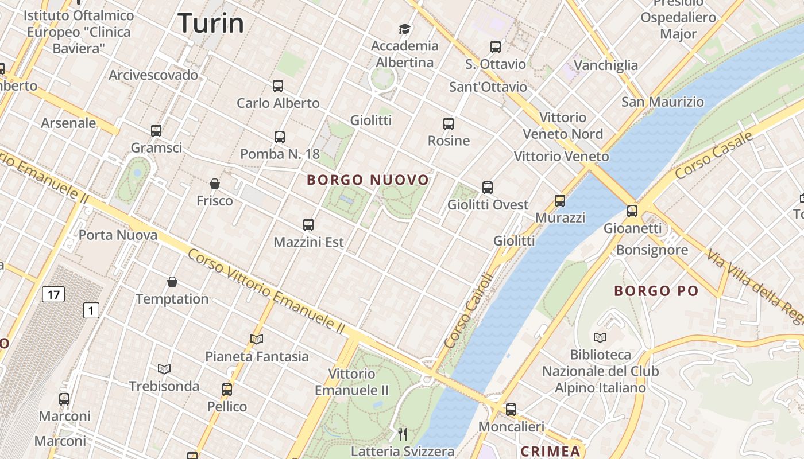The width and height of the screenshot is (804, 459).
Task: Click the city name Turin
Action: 211,24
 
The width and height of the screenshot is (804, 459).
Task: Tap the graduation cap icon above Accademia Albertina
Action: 405,29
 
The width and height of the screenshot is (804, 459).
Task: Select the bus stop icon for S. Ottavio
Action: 495,47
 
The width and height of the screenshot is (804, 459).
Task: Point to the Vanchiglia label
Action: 606,65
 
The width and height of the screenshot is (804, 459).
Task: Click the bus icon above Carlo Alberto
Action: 278,87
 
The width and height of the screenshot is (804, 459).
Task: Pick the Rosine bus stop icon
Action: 449,124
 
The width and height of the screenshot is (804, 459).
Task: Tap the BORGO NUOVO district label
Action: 368,180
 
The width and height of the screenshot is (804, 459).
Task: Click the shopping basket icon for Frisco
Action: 215,184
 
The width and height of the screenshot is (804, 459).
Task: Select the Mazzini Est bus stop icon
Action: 308,225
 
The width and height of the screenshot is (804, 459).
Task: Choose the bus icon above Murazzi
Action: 560,201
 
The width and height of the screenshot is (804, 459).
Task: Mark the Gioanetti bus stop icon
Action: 632,211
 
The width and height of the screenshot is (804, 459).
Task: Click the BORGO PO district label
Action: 659,291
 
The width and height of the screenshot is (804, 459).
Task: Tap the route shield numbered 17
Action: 53,295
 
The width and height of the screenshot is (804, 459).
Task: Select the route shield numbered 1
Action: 91,310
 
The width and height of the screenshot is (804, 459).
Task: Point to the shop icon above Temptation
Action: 172,282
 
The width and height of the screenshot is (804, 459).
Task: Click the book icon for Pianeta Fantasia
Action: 257,340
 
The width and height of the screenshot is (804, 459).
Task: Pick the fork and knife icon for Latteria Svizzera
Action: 403,434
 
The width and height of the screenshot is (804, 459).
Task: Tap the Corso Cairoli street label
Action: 469,310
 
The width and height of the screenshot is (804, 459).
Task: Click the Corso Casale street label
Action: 714,155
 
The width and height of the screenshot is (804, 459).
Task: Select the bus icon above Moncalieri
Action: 511,410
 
